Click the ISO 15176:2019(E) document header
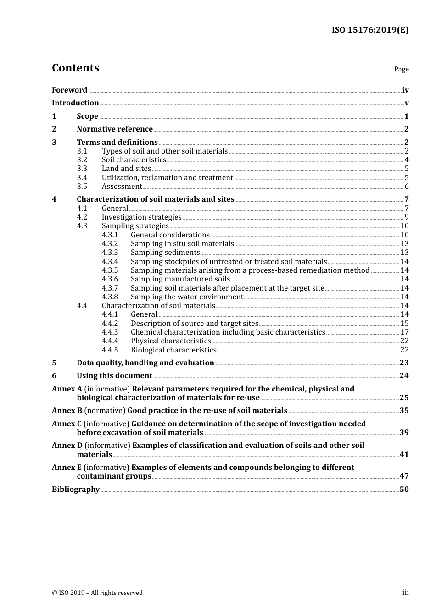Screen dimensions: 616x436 click(x=370, y=30)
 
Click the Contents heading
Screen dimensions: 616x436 click(x=75, y=68)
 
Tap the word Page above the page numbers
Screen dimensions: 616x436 click(x=401, y=69)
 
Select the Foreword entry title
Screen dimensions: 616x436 click(x=69, y=90)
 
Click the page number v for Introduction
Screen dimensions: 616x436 click(x=407, y=103)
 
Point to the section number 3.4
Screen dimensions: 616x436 click(x=82, y=178)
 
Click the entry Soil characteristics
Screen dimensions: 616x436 click(x=134, y=160)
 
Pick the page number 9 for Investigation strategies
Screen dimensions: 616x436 click(x=407, y=217)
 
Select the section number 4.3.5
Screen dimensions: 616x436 click(x=110, y=270)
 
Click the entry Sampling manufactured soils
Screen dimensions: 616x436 click(x=180, y=279)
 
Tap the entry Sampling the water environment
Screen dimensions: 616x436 click(x=187, y=297)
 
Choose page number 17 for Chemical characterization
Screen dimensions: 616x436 click(x=404, y=332)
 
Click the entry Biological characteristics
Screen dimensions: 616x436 click(x=173, y=350)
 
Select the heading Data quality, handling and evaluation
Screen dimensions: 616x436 click(x=145, y=363)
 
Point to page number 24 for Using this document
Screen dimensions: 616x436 click(x=404, y=376)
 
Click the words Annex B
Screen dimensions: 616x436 click(x=67, y=411)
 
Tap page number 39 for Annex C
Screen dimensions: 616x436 click(x=404, y=433)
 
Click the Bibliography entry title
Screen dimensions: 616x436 click(x=76, y=489)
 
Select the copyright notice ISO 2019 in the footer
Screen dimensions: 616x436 click(x=97, y=593)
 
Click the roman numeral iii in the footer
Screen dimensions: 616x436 click(x=405, y=593)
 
